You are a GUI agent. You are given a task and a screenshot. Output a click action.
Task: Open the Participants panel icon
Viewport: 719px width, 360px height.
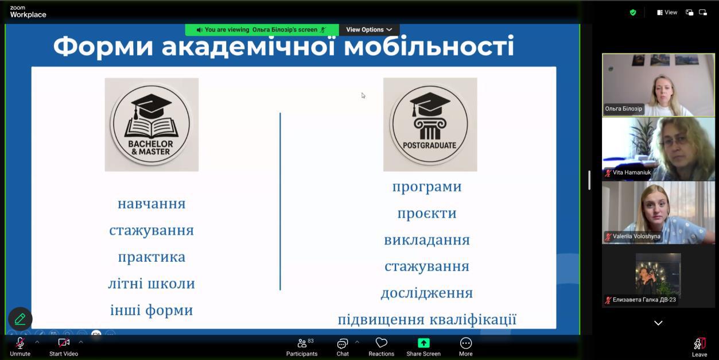coord(302,343)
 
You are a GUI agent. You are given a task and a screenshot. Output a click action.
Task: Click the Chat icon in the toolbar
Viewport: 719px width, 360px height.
coord(343,343)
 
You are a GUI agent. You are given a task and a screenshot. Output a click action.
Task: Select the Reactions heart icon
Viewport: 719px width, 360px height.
coord(382,343)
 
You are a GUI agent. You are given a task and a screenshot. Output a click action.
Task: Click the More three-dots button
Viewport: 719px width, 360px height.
coord(466,343)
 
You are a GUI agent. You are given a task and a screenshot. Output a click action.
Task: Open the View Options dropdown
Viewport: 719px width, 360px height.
coord(369,29)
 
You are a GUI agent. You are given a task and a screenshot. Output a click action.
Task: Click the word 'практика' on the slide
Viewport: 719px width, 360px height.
coord(151,257)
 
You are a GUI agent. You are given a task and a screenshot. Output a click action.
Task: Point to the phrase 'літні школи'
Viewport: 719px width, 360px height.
coord(151,284)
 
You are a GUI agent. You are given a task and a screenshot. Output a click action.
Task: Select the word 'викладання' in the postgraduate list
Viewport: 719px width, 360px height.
coord(427,240)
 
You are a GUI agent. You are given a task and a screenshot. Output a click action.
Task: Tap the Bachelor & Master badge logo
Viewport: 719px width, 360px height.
coord(151,125)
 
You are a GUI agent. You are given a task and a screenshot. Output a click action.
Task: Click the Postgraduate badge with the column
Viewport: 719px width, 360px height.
coord(430,125)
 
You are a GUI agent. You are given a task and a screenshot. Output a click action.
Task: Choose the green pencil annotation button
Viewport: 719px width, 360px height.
coord(20,319)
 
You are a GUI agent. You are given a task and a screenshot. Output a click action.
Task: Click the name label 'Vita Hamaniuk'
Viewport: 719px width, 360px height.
coord(632,172)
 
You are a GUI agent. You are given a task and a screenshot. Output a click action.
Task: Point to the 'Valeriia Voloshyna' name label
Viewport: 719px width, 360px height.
coord(636,237)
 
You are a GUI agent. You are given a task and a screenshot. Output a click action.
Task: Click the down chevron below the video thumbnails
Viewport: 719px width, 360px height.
coord(658,323)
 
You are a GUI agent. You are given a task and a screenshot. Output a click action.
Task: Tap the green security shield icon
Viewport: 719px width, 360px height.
coord(633,13)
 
